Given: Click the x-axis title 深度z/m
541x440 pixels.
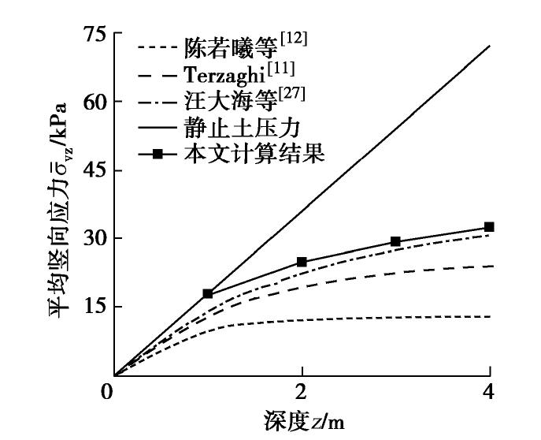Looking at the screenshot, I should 302,420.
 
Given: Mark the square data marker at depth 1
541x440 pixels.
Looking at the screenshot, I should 208,293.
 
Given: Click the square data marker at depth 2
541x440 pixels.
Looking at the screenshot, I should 302,262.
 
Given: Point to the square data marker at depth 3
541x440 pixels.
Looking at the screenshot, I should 395,241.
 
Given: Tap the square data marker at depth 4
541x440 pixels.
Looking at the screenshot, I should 489,227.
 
